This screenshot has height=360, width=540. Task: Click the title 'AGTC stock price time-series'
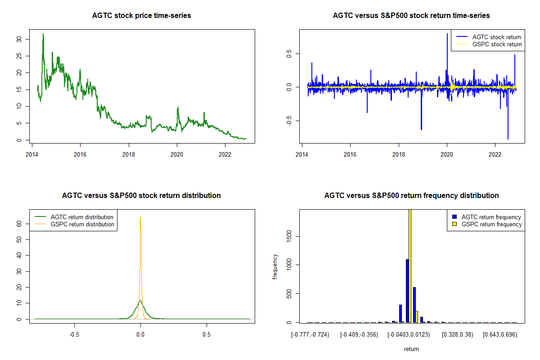tap(141, 16)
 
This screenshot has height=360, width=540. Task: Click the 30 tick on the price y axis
tap(18, 39)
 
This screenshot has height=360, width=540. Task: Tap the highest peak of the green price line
tap(43, 34)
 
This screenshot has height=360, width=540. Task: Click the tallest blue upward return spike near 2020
tap(447, 34)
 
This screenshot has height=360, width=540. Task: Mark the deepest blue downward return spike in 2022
tap(508, 139)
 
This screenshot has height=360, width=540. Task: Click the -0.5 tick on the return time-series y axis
tap(288, 120)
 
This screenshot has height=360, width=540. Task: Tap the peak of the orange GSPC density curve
tap(140, 216)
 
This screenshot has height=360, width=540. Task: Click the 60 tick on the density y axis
tap(18, 223)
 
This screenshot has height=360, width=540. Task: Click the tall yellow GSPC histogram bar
tap(410, 265)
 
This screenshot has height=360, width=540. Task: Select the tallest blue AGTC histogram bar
tap(407, 290)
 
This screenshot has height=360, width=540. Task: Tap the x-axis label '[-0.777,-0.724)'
tap(310, 335)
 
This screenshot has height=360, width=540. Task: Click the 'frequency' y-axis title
tap(275, 266)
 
